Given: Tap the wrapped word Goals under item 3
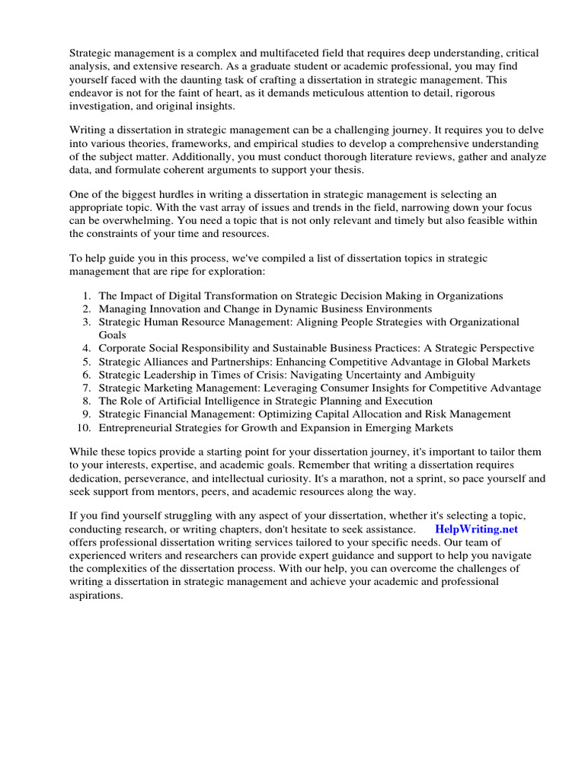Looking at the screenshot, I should [x=113, y=334].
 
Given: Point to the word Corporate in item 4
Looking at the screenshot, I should [x=123, y=348].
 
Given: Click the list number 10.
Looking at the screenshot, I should [x=85, y=427].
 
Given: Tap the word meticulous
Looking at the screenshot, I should [x=350, y=93].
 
